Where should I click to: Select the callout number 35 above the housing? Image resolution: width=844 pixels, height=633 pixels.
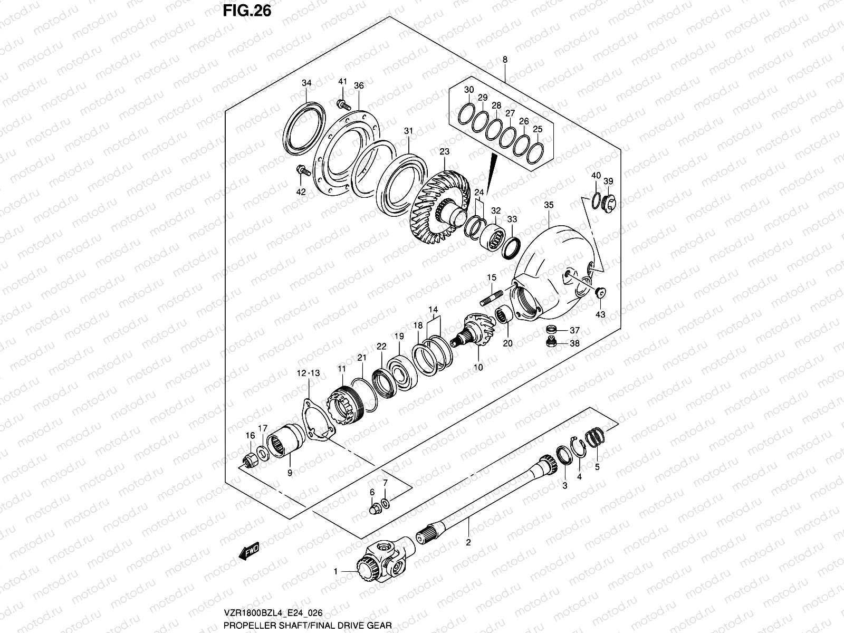pos(549,205)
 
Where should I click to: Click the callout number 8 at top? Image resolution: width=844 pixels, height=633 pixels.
pos(505,60)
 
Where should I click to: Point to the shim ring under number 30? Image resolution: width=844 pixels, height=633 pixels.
pos(468,114)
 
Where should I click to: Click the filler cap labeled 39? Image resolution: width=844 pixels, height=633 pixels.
pos(609,203)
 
